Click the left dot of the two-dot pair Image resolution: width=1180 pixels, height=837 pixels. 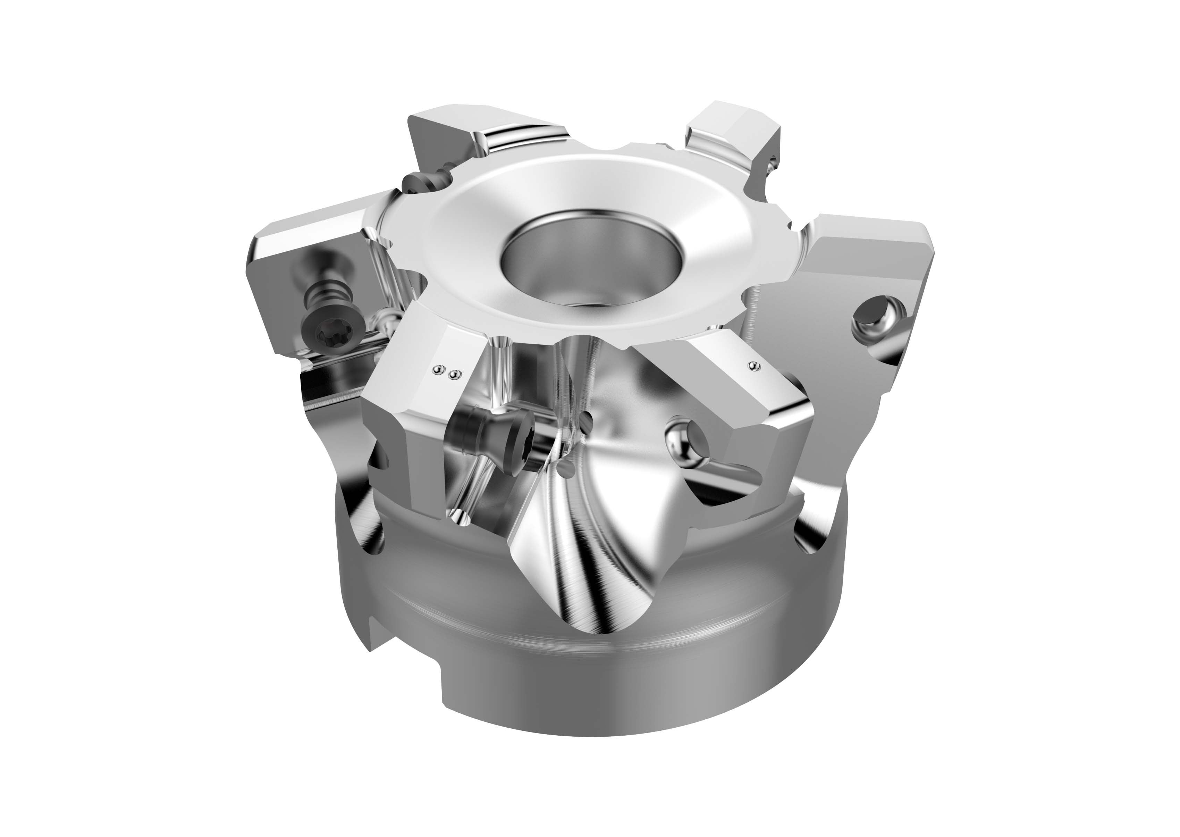[x=439, y=368]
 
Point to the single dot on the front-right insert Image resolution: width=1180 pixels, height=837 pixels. [x=754, y=366]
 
